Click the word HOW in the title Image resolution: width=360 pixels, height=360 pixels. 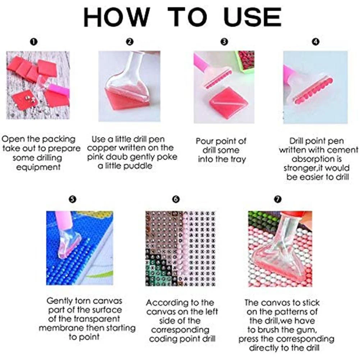click(x=116, y=17)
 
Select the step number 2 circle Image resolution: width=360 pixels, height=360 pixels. click(x=130, y=42)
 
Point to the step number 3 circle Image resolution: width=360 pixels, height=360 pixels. click(x=224, y=42)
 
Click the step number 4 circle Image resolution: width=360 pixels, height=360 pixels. click(x=316, y=42)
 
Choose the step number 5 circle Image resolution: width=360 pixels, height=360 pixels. click(x=73, y=199)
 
